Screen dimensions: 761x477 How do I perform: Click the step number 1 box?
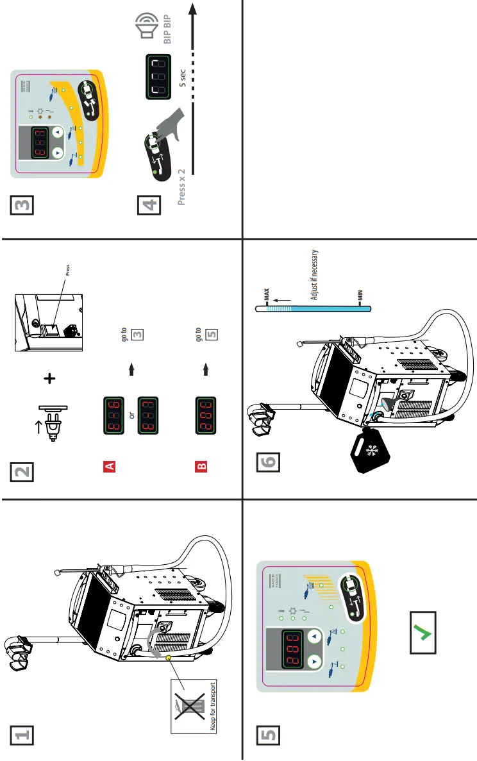21,736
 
